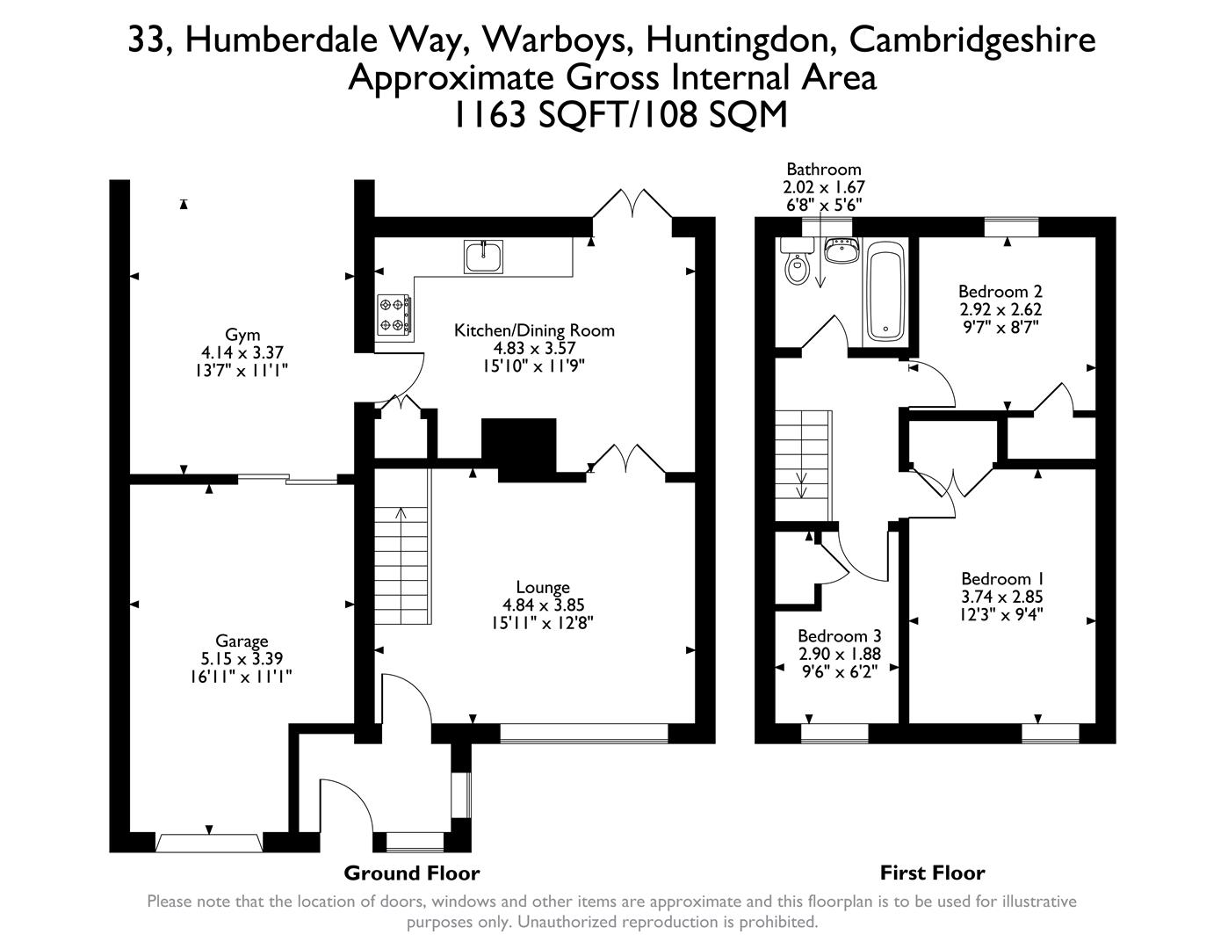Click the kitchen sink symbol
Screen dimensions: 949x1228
(x=483, y=256)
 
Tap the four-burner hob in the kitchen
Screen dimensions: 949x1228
(x=394, y=314)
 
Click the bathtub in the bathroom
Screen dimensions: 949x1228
(x=884, y=293)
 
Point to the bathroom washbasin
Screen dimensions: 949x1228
(x=842, y=251)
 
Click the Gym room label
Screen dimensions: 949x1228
(x=242, y=335)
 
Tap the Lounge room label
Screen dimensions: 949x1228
(x=543, y=587)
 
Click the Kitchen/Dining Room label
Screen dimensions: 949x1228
(x=534, y=330)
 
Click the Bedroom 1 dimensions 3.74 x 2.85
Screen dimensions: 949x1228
(x=1001, y=597)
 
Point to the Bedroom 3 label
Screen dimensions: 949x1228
(x=839, y=635)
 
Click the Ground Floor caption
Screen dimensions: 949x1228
(x=411, y=873)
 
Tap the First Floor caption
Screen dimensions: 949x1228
(x=932, y=873)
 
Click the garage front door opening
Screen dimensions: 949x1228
(x=209, y=843)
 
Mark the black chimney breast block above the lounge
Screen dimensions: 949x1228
(x=519, y=448)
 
